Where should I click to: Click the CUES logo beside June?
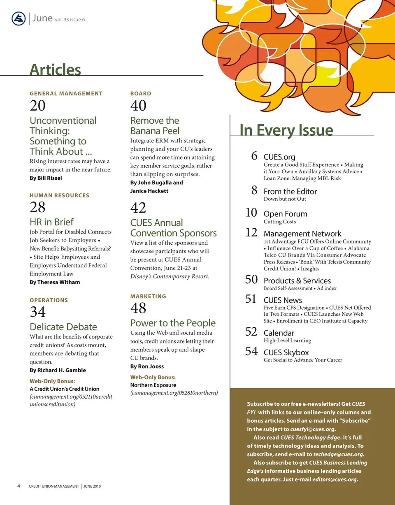click(x=19, y=19)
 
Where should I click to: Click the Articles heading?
click(x=55, y=69)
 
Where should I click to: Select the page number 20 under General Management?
click(x=37, y=106)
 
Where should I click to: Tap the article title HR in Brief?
click(x=51, y=222)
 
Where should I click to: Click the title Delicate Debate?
click(x=63, y=327)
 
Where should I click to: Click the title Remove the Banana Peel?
click(x=155, y=126)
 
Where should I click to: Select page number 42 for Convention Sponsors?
click(x=138, y=208)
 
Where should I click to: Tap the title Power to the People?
click(x=173, y=323)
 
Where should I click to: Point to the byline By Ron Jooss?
click(x=147, y=366)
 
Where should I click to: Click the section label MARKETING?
click(x=148, y=296)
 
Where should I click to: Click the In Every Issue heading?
click(x=286, y=130)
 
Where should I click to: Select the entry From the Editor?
click(x=290, y=191)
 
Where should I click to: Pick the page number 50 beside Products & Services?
click(x=251, y=280)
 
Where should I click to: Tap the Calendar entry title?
click(x=279, y=333)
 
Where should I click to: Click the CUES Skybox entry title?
click(x=286, y=352)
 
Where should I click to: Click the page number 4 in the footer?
click(x=19, y=486)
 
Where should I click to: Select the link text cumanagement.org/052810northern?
click(x=174, y=393)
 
